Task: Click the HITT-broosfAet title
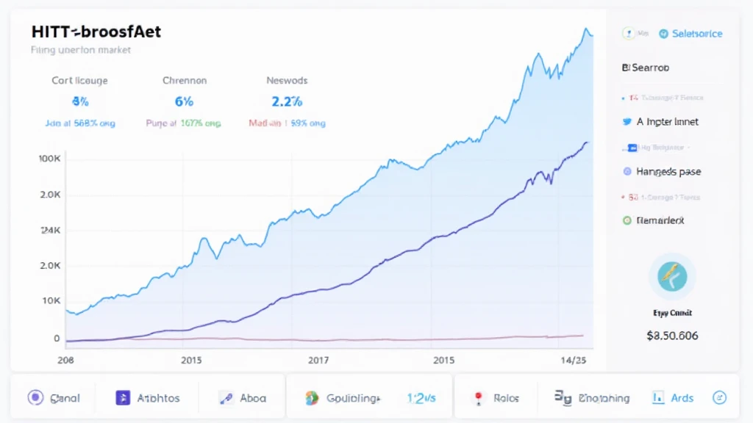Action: pos(96,32)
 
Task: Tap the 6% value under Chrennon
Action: pos(185,101)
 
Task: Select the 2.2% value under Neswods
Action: pos(287,101)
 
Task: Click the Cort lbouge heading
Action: pos(81,80)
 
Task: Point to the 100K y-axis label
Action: pos(49,159)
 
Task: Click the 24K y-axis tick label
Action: pos(50,230)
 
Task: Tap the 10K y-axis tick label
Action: pos(51,300)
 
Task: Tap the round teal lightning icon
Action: pos(672,277)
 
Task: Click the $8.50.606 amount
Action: pos(672,336)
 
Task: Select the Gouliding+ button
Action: pos(343,398)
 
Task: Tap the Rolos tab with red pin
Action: pos(497,398)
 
